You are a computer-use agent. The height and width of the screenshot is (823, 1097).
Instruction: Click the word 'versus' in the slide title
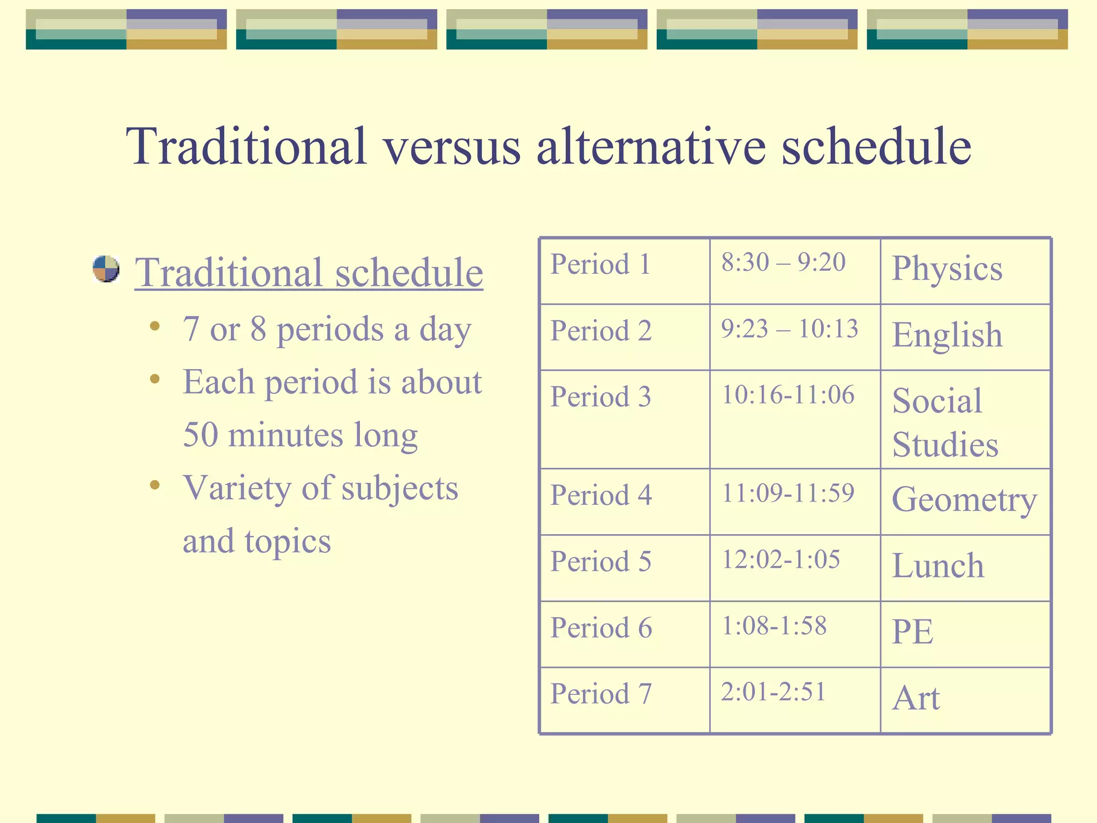click(x=451, y=147)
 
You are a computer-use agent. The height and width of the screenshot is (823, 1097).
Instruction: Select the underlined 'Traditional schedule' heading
click(x=309, y=273)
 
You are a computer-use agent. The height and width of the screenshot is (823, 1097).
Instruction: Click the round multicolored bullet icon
click(x=106, y=269)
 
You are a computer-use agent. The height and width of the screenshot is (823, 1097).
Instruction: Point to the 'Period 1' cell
click(x=600, y=265)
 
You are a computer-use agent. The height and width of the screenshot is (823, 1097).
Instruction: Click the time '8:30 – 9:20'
click(x=783, y=263)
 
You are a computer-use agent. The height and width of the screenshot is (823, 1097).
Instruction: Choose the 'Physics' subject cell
click(x=946, y=268)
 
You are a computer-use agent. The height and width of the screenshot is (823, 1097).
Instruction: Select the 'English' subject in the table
click(x=946, y=335)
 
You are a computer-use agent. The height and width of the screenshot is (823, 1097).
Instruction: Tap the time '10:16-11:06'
click(x=788, y=395)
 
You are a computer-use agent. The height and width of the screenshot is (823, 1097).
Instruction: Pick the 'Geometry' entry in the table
click(x=964, y=500)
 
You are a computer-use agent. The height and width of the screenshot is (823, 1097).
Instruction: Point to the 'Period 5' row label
click(x=600, y=562)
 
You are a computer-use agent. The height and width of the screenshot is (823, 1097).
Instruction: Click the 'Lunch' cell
click(x=938, y=566)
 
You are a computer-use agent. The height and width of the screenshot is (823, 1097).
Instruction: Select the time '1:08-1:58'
click(x=774, y=626)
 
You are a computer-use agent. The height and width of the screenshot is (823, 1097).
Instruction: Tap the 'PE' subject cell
click(x=912, y=632)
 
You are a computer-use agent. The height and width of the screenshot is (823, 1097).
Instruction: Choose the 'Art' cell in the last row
click(x=915, y=699)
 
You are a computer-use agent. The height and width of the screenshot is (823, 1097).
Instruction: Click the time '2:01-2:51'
click(x=773, y=692)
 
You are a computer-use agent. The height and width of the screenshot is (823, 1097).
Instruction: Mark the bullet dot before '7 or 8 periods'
click(x=155, y=326)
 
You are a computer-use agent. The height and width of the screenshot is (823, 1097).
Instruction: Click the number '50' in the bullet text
click(x=200, y=435)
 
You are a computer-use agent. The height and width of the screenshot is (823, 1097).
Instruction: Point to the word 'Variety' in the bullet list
click(x=236, y=489)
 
